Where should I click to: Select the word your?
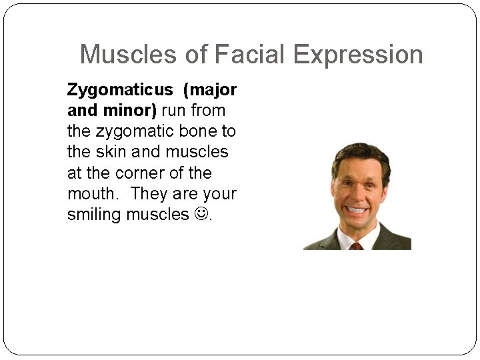tap(219, 194)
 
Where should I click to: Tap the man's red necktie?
tap(357, 245)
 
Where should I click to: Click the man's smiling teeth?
tap(356, 211)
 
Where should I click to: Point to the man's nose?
tap(355, 194)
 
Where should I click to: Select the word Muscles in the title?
tap(129, 54)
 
